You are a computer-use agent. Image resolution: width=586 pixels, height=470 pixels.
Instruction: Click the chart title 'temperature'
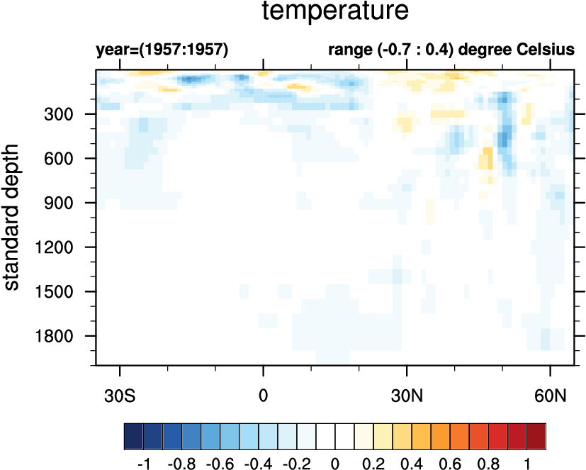point(335,11)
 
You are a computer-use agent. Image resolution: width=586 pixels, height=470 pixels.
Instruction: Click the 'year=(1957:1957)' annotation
point(162,51)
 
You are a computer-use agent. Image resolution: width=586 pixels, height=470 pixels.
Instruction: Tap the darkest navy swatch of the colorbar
point(133,432)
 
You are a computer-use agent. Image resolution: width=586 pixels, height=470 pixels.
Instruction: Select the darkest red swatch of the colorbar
point(536,432)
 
